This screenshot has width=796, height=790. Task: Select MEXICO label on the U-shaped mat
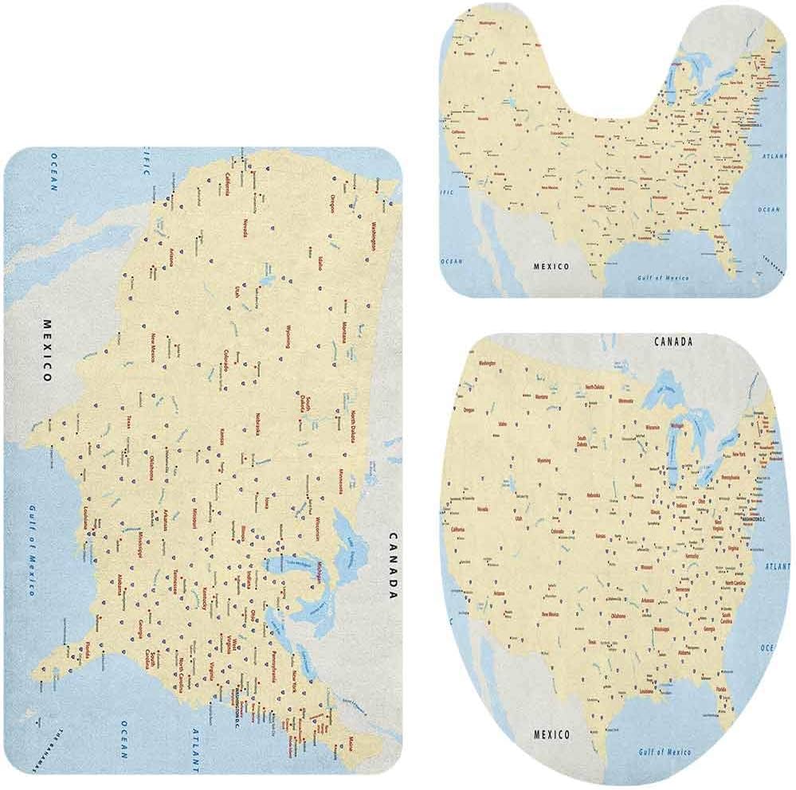click(x=551, y=266)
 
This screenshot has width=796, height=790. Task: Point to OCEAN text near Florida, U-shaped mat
click(x=768, y=209)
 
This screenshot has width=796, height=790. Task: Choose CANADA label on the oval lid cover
click(x=673, y=342)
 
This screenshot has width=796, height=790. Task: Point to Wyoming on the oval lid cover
click(x=544, y=460)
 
